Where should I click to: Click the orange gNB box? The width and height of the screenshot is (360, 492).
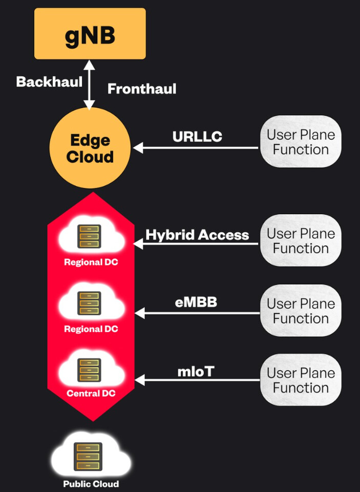tap(90, 34)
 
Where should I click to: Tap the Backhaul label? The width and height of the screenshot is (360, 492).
tap(49, 82)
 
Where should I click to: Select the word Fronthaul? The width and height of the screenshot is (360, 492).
tap(142, 89)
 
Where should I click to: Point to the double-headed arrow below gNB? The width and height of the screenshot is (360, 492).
tap(90, 85)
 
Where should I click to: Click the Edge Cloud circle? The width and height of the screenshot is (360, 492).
tap(90, 148)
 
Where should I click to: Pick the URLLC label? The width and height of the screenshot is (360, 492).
tap(197, 136)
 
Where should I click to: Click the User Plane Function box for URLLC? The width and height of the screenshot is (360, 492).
tap(301, 142)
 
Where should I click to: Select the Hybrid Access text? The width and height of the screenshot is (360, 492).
tap(197, 235)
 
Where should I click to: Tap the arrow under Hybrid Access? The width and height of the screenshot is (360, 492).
tap(196, 244)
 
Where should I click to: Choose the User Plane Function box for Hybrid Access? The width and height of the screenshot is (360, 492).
tap(301, 241)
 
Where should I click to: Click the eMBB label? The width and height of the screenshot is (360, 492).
tap(196, 302)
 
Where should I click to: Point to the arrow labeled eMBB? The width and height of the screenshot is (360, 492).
tap(197, 313)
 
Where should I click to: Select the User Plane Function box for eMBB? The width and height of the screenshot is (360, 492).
tap(301, 311)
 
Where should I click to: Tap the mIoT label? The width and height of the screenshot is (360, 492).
tap(196, 372)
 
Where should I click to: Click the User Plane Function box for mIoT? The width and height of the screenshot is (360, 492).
tap(301, 380)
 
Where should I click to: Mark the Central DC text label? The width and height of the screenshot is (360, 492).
tap(91, 394)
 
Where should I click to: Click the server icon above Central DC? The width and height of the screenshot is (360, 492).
tap(90, 370)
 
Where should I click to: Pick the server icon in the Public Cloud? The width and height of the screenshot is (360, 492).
tap(88, 457)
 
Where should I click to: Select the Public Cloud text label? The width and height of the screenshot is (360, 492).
tap(91, 484)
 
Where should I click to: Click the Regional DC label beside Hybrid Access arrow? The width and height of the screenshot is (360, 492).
tap(91, 262)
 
